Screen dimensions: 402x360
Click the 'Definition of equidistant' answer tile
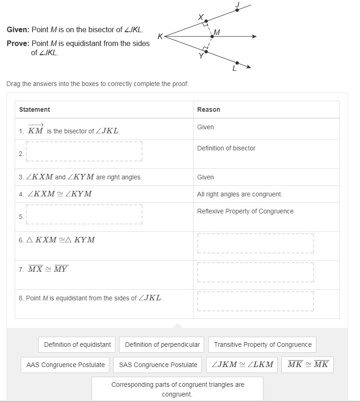(x=77, y=345)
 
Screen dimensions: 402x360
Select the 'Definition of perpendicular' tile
(x=162, y=345)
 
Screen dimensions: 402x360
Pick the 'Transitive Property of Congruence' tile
(x=263, y=345)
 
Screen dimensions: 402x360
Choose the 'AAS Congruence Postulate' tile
(x=65, y=365)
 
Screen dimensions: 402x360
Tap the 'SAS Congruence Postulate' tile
(x=158, y=365)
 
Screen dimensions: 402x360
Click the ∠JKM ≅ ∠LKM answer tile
(x=242, y=365)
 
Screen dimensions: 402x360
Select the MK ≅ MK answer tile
(x=308, y=365)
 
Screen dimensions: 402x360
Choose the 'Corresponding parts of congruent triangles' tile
(x=177, y=389)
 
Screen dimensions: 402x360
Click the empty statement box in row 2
(x=84, y=151)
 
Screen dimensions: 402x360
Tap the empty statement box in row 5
(x=84, y=214)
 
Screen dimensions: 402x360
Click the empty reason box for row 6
(x=256, y=243)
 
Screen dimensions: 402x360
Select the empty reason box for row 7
(x=256, y=272)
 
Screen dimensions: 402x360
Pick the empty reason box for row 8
(x=256, y=301)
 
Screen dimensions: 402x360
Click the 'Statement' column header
(x=34, y=109)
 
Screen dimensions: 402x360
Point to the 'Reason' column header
(x=209, y=109)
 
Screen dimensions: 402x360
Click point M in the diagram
(x=212, y=36)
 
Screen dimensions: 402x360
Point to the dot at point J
(x=237, y=10)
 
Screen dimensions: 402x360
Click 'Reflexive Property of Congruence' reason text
(x=245, y=211)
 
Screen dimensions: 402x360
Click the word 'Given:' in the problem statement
(x=18, y=29)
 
